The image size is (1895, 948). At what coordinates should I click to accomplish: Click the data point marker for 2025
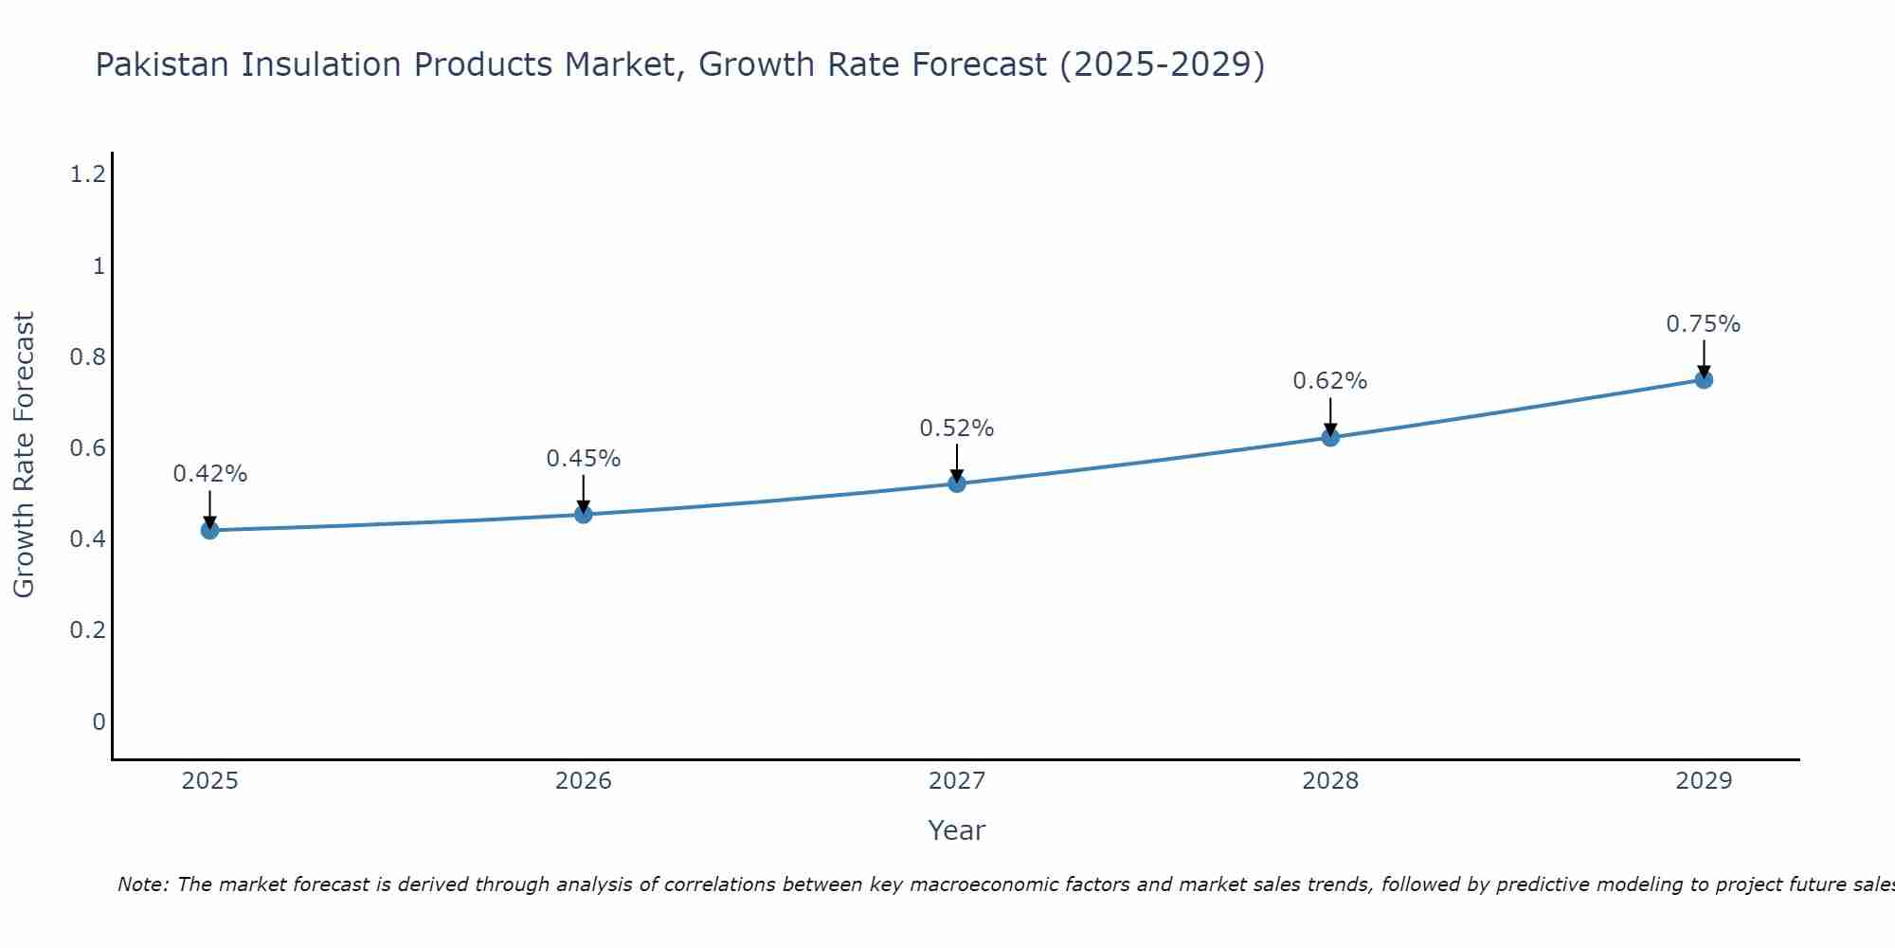[209, 530]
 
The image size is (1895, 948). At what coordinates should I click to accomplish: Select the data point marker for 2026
[584, 515]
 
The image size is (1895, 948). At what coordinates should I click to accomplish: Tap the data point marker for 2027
[957, 483]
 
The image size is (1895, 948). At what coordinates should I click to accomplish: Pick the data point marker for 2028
[1330, 437]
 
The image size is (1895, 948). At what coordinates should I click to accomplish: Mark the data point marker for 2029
[1704, 380]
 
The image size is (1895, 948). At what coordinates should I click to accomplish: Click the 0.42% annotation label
[209, 474]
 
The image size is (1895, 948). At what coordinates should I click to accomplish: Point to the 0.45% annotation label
[584, 459]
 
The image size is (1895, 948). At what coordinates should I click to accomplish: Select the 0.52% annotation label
[957, 428]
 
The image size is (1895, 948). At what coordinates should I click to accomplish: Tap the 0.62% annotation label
[1330, 381]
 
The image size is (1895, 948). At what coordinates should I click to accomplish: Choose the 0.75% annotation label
[1704, 324]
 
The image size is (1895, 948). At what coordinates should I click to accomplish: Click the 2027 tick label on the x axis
[957, 781]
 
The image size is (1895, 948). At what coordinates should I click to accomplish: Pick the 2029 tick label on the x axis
[1704, 781]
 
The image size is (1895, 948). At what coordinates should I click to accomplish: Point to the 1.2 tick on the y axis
[87, 174]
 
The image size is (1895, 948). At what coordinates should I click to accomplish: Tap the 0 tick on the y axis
[99, 722]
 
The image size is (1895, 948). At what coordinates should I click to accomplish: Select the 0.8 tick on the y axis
[87, 357]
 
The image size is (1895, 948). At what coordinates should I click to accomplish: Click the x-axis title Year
[957, 830]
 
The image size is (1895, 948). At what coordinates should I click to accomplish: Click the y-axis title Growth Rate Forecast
[24, 455]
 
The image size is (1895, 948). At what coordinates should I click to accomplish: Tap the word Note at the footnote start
[142, 884]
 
